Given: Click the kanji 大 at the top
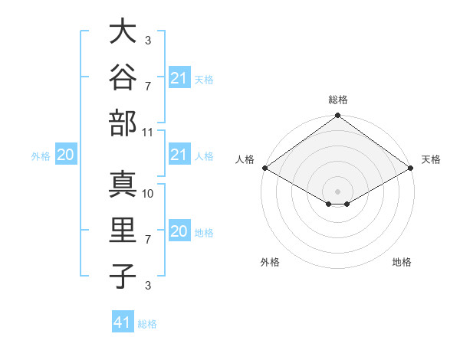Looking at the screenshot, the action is (123, 31).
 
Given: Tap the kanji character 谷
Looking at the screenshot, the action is (123, 77).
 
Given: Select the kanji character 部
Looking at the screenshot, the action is (123, 123).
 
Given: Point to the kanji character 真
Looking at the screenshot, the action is (123, 184).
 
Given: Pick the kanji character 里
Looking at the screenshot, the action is (123, 230).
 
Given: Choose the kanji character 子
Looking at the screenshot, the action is (123, 277).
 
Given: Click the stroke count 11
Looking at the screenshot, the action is (147, 133).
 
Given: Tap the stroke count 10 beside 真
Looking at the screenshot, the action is (147, 194).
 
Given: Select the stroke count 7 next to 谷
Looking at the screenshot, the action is (148, 87).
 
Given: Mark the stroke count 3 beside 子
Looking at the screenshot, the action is (148, 285).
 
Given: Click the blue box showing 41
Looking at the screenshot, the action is (123, 321).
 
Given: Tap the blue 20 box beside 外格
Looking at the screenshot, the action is (66, 154).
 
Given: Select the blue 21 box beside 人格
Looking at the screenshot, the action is (179, 154).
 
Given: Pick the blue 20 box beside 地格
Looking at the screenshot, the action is (179, 230).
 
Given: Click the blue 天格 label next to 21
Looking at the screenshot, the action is (204, 80).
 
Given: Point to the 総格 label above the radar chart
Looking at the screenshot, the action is (338, 100).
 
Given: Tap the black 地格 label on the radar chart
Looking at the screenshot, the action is (402, 262).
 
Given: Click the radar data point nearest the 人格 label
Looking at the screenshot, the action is (265, 168).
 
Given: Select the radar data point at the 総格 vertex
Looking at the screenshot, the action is (337, 115).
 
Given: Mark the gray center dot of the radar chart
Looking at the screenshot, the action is (337, 191).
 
